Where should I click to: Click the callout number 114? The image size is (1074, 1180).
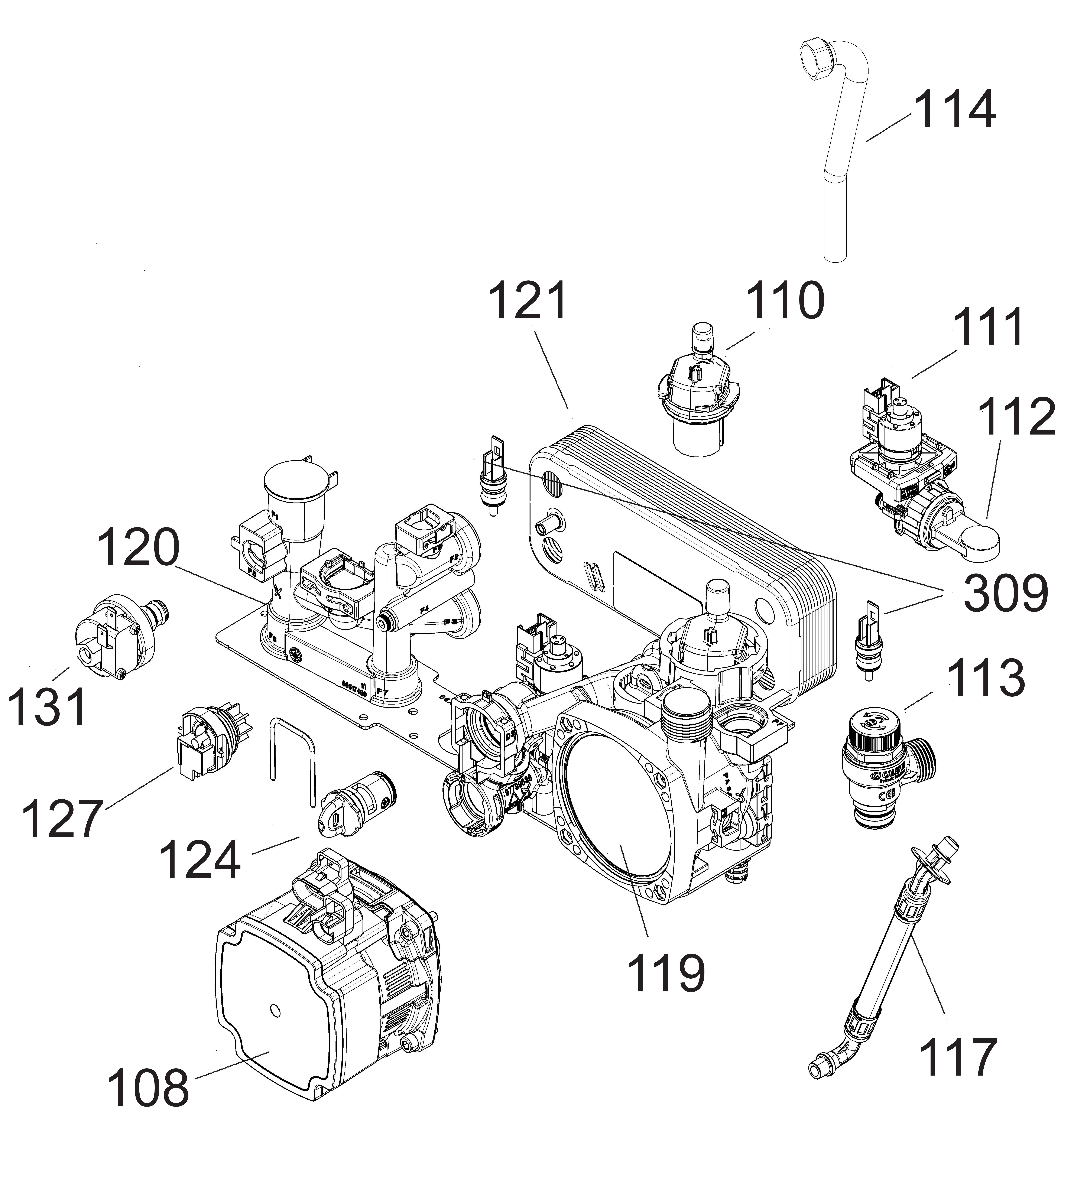pos(954,110)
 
